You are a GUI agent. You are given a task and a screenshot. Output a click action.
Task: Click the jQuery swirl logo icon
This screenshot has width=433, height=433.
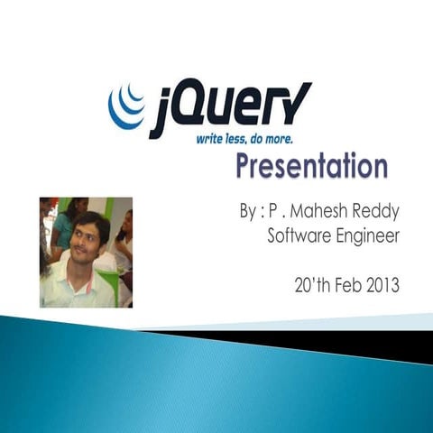tap(125, 106)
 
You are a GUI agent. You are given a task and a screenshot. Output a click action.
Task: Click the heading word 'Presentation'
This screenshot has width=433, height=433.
tap(312, 167)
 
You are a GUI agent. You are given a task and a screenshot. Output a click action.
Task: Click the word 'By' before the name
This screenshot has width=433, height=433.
tap(249, 213)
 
